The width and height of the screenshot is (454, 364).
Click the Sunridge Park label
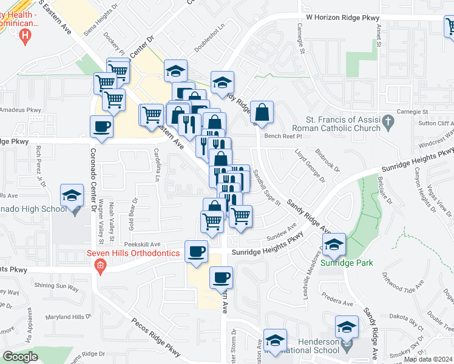pos(347,263)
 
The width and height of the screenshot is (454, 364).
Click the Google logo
pos(21,357)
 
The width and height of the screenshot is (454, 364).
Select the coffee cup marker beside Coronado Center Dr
pos(101,127)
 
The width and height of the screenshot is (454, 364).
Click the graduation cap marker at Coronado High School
pos(72,196)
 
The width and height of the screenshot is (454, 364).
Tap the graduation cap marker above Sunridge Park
pos(333,244)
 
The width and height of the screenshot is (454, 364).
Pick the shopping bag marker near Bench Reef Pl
pos(262,112)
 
